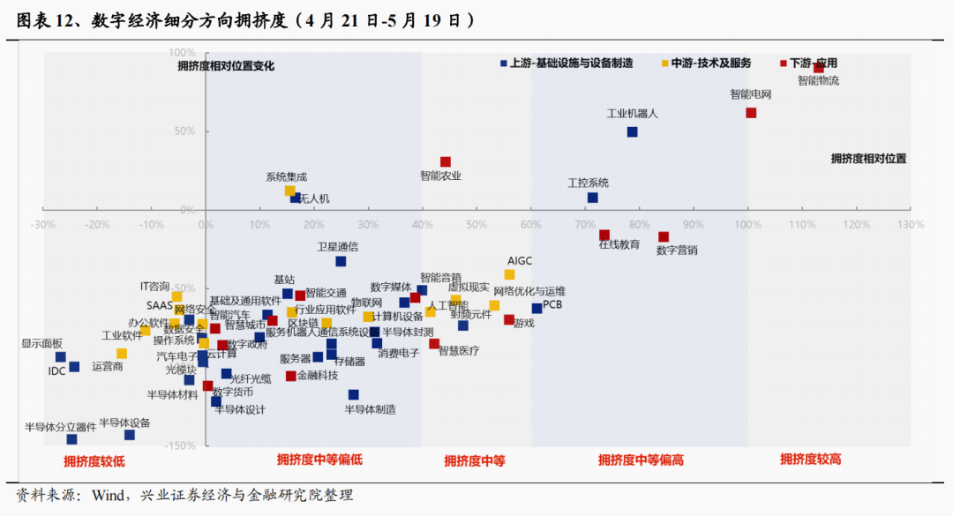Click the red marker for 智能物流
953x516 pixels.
point(819,67)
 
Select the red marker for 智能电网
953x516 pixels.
point(751,113)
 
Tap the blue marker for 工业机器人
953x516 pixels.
point(632,132)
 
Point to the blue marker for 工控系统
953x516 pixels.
point(592,198)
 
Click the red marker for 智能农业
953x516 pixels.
point(446,162)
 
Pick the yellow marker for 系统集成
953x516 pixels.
point(289,191)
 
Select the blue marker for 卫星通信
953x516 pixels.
point(341,261)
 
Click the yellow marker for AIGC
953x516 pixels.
point(509,274)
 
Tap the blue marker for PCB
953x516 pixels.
point(537,308)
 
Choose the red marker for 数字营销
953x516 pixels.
point(664,236)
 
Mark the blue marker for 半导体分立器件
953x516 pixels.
point(71,439)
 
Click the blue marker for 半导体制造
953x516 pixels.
point(353,395)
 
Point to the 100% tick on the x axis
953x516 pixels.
point(747,225)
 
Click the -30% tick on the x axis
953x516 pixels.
point(43,225)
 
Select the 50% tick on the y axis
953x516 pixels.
point(184,131)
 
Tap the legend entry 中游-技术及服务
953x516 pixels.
point(710,63)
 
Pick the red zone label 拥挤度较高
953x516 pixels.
point(810,460)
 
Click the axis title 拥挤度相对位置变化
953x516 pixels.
point(226,64)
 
